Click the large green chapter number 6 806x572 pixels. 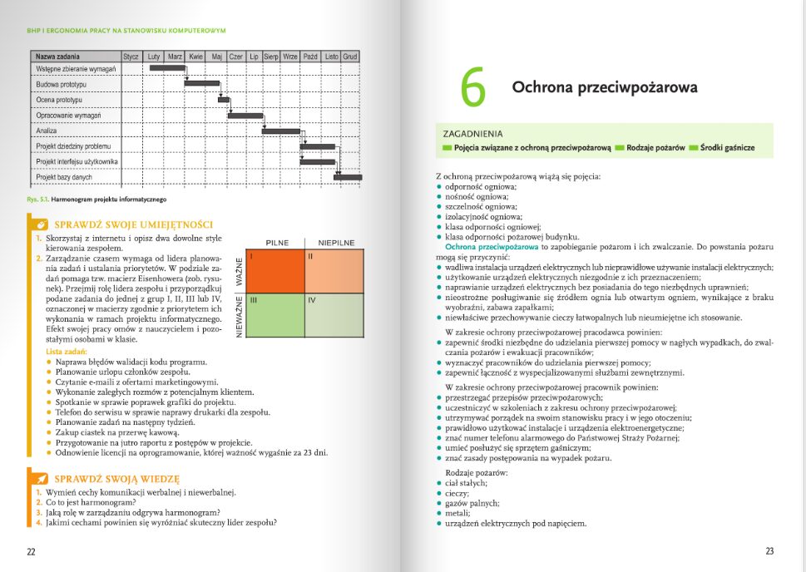[x=472, y=89]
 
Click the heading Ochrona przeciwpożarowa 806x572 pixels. [x=604, y=87]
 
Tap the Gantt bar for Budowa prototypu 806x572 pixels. [x=200, y=83]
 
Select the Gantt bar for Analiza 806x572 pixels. [x=281, y=131]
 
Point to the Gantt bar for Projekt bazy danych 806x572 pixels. [x=348, y=176]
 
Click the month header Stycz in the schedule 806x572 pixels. [x=131, y=57]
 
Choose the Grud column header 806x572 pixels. [x=350, y=57]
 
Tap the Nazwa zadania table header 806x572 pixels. [x=57, y=57]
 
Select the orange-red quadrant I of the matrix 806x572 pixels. [x=275, y=271]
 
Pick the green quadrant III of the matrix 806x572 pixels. [x=275, y=314]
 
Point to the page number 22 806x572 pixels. [x=31, y=551]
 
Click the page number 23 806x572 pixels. [x=769, y=551]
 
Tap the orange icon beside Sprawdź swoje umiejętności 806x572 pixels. [x=39, y=224]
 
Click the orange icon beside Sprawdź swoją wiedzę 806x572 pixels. [x=39, y=479]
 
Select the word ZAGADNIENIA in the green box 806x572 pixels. [x=473, y=133]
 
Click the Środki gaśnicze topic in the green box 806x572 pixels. [x=727, y=147]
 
